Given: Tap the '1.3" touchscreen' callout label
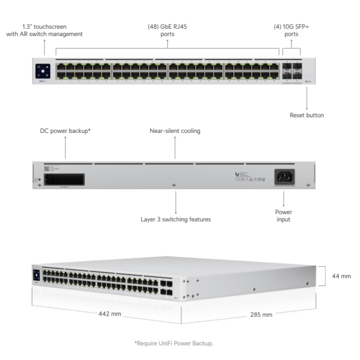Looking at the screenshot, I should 44,30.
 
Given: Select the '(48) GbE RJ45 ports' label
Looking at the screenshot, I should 167,30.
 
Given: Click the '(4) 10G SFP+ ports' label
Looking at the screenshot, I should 291,30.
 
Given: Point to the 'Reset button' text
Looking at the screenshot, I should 307,115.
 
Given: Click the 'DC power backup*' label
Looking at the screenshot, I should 65,131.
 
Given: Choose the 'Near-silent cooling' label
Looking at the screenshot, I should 175,131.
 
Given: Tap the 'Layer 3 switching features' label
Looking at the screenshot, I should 176,219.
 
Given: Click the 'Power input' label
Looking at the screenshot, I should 284,216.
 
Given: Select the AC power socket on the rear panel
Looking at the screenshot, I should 284,177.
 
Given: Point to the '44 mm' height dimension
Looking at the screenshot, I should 341,276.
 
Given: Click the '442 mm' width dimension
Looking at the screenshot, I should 110,314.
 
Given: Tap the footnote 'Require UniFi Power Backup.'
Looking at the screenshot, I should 174,343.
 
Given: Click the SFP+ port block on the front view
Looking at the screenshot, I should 291,71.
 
